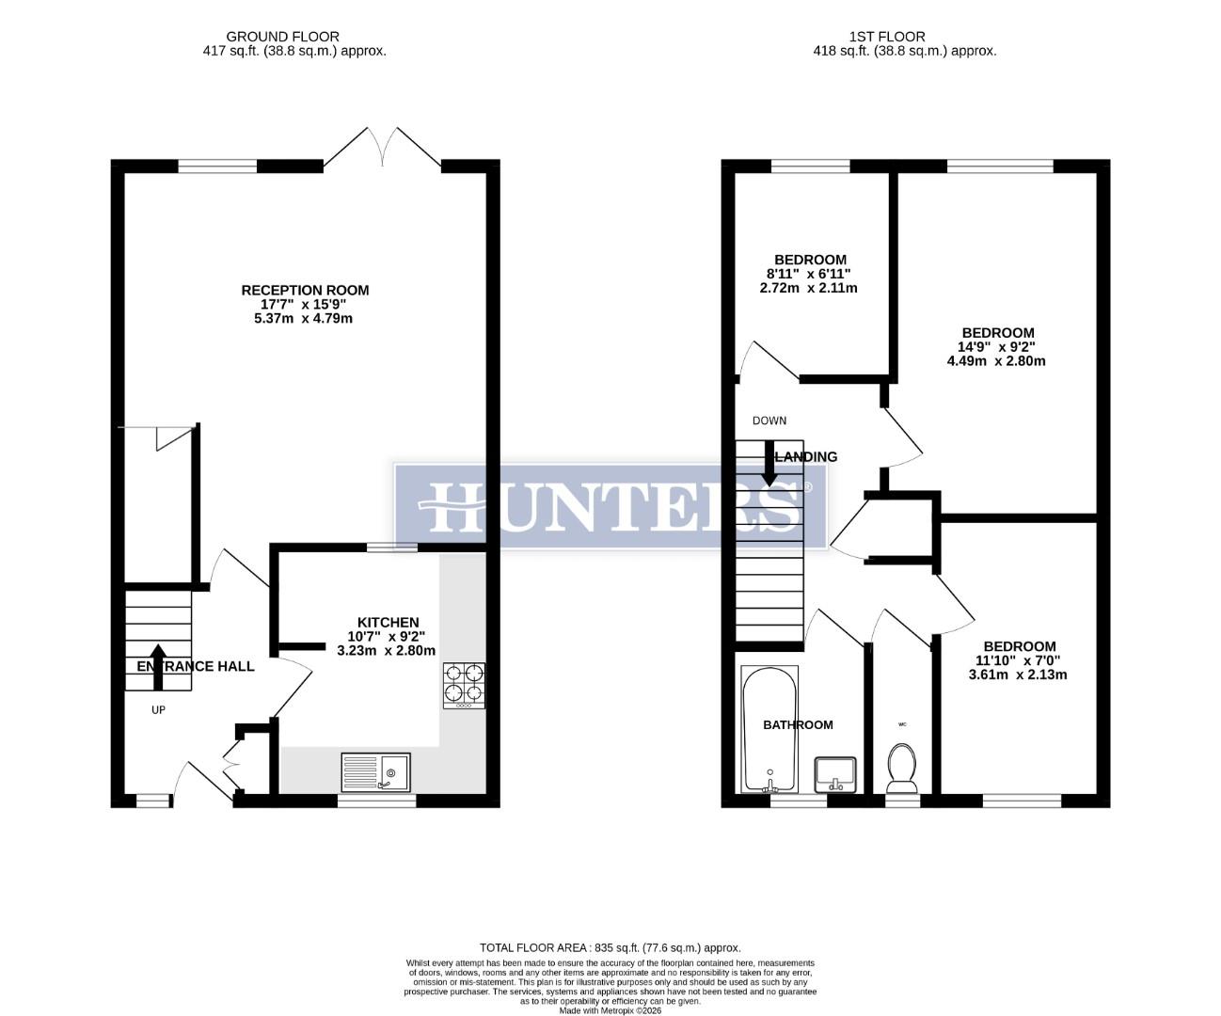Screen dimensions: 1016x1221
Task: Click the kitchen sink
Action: click(x=375, y=771)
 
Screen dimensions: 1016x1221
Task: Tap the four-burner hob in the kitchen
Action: click(x=465, y=685)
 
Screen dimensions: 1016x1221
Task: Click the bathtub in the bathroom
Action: click(x=769, y=730)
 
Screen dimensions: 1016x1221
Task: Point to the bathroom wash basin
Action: click(x=835, y=773)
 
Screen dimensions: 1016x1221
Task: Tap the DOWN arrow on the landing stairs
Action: click(x=769, y=465)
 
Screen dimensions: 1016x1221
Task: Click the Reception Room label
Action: click(x=305, y=290)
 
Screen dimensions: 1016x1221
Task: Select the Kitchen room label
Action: click(x=388, y=622)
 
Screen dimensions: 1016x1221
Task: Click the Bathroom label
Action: click(x=798, y=724)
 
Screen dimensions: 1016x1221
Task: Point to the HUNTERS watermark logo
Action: click(x=610, y=506)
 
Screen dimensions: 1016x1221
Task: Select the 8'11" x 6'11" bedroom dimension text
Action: click(x=809, y=274)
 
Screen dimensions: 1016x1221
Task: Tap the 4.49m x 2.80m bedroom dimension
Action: click(x=997, y=360)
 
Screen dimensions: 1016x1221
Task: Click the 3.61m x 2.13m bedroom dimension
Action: click(x=1019, y=675)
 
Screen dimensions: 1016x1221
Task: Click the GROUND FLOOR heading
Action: click(x=295, y=37)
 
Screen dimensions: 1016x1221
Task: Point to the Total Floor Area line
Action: click(x=610, y=947)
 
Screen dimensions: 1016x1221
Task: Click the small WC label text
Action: click(x=902, y=724)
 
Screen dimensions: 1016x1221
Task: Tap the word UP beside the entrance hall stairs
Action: click(x=158, y=709)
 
